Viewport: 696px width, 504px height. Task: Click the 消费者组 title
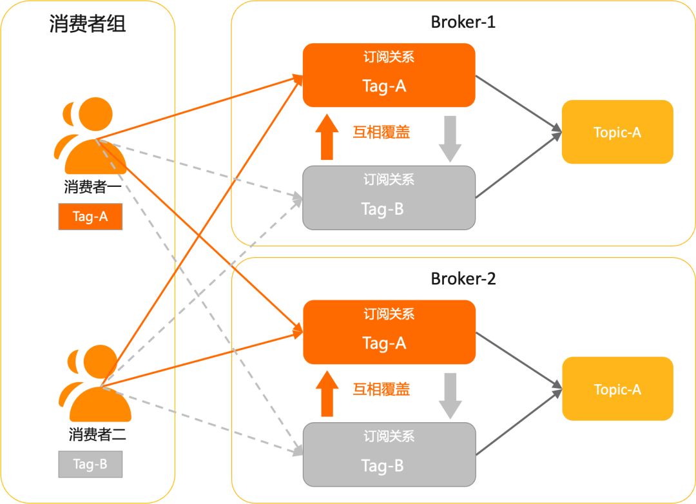(88, 24)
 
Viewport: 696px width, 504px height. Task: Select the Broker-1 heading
(463, 22)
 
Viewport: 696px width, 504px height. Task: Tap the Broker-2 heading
(463, 279)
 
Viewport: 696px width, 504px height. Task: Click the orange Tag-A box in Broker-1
(389, 75)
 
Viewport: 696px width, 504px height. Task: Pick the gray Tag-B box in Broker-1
(389, 197)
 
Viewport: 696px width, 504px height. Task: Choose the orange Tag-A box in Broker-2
(389, 332)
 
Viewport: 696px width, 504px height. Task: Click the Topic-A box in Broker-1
(617, 132)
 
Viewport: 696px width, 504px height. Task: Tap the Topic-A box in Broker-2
(617, 389)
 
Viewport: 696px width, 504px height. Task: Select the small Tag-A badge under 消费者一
(90, 217)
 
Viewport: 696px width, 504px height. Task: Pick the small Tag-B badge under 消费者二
(90, 464)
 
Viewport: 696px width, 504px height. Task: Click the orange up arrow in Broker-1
(327, 137)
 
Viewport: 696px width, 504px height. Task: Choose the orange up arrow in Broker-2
(327, 394)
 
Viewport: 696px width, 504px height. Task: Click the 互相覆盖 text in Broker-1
(382, 132)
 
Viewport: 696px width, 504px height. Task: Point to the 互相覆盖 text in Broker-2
(382, 389)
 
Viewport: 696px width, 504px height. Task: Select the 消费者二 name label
(97, 434)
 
